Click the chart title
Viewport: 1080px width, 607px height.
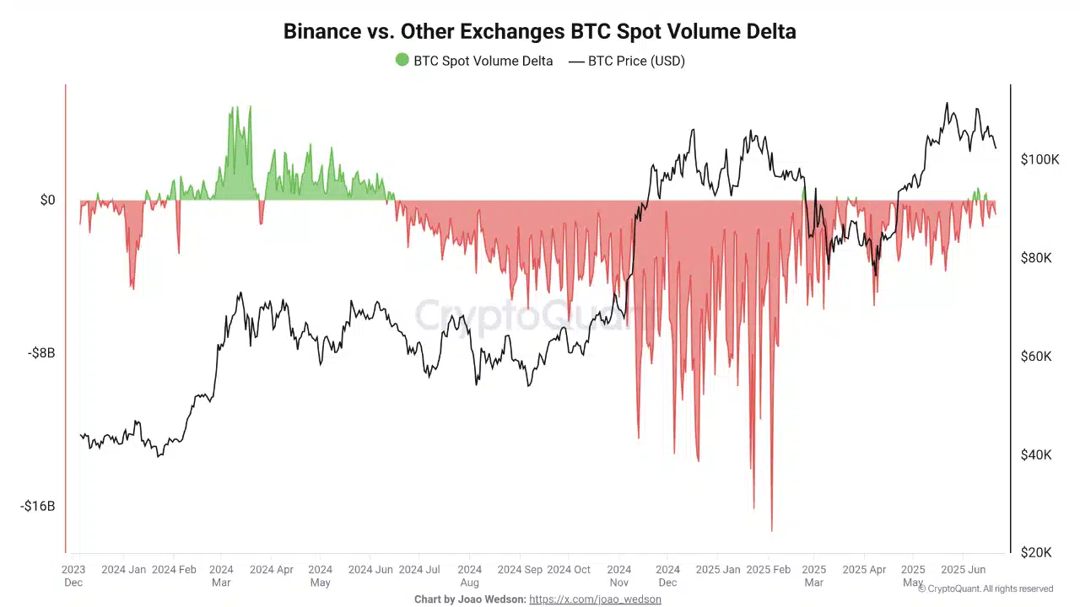[539, 32]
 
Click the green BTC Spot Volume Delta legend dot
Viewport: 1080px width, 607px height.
[402, 60]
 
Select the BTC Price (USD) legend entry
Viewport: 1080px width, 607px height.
[627, 61]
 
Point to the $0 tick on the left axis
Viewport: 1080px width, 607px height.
[47, 200]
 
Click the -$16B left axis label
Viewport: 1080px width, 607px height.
[37, 506]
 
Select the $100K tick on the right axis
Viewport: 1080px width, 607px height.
[1039, 159]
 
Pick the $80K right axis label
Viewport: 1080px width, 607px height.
[1036, 258]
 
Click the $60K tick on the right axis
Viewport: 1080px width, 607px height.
[1036, 357]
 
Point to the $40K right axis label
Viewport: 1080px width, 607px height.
[1036, 454]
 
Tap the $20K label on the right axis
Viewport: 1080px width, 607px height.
[1036, 552]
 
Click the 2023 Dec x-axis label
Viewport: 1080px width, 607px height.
[73, 576]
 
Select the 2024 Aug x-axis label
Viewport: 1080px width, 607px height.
[470, 576]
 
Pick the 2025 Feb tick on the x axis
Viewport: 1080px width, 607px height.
[769, 570]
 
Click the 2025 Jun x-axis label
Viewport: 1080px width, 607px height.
[964, 570]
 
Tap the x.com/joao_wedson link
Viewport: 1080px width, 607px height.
[595, 599]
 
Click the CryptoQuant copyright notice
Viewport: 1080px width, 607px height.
[985, 588]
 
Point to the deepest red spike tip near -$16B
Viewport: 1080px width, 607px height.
[771, 530]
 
